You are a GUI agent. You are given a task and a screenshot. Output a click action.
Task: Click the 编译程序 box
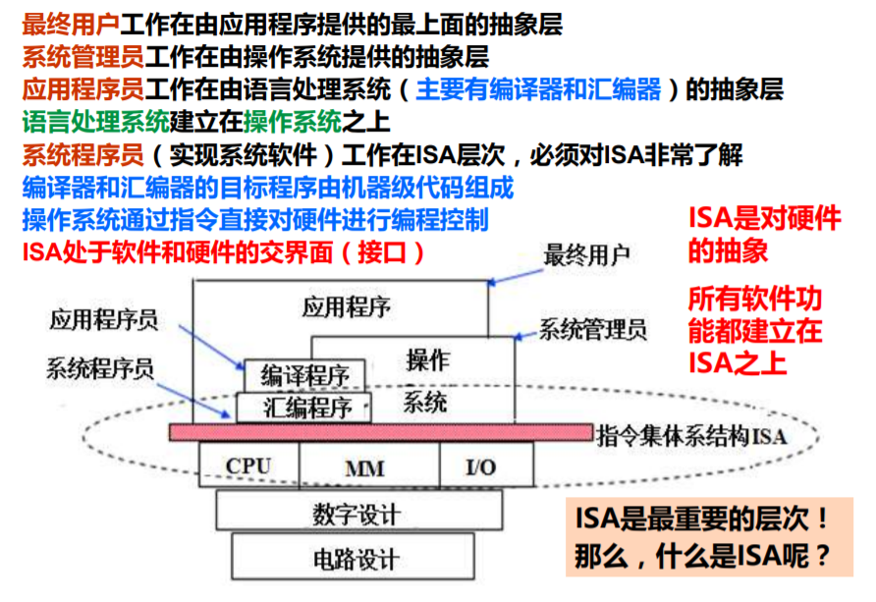(x=304, y=374)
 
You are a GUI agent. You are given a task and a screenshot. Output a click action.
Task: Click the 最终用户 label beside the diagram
(x=586, y=255)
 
